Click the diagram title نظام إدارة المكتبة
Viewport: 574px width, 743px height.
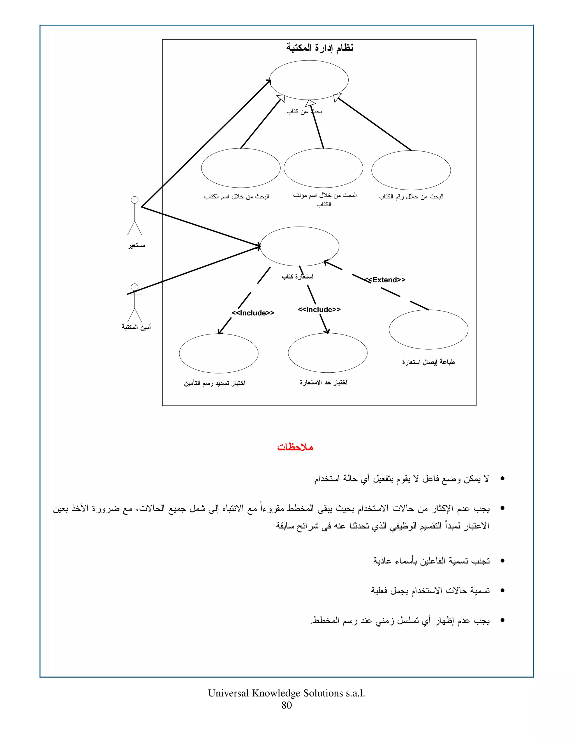[x=319, y=48]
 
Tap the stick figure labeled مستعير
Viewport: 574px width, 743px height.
[x=135, y=216]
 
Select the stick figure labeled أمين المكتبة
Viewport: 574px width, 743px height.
[x=135, y=303]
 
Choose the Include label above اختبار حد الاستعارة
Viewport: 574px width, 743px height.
[x=319, y=310]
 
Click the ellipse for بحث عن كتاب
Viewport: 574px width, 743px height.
[x=309, y=80]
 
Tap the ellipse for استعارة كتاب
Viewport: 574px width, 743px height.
[x=299, y=246]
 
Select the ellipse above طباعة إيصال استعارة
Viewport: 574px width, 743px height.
[x=429, y=329]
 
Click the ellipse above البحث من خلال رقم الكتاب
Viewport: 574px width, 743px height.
[x=411, y=170]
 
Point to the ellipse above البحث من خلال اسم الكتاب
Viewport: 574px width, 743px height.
[x=240, y=168]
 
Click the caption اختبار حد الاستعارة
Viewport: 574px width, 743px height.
[x=323, y=382]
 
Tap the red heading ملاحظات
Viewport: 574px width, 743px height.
[x=295, y=447]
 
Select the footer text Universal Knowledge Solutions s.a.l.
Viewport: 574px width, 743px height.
[x=286, y=693]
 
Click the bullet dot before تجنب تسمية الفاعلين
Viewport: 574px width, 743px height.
[x=502, y=561]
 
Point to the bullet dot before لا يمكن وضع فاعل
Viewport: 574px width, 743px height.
[x=502, y=479]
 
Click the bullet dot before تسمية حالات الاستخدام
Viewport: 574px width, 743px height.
[x=502, y=590]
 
